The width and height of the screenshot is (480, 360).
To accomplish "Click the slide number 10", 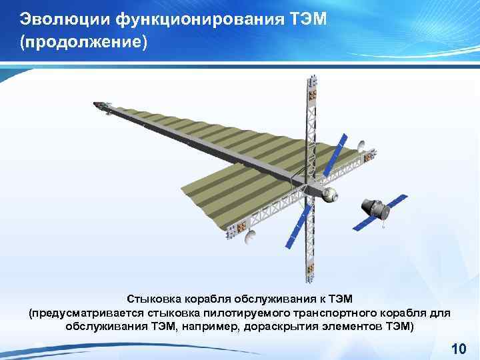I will (x=458, y=349).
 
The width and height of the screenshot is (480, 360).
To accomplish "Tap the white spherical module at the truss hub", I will (x=329, y=196).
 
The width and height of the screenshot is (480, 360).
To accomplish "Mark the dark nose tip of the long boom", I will (x=97, y=105).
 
